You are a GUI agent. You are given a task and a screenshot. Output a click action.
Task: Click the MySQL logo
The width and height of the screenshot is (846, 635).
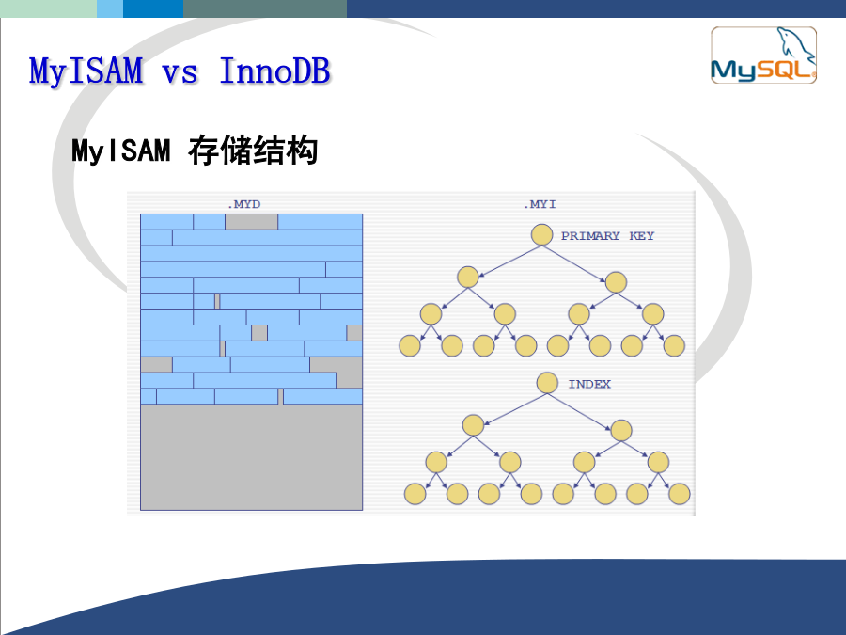763,56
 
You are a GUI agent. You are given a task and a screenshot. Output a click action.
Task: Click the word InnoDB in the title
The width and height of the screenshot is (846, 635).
275,71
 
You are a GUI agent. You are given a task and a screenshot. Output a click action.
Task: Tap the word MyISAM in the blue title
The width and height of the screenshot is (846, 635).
86,71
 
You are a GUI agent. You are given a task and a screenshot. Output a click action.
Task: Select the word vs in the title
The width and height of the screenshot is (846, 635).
180,73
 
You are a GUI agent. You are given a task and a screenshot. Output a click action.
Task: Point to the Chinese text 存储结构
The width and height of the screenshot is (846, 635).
253,151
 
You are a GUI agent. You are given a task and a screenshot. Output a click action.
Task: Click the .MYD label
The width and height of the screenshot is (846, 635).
243,204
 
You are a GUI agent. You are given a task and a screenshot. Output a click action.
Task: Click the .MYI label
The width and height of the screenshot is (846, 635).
540,204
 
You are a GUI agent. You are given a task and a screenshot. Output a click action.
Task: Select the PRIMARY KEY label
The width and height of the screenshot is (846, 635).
607,236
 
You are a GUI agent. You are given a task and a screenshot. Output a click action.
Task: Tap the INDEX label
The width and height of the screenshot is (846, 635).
589,384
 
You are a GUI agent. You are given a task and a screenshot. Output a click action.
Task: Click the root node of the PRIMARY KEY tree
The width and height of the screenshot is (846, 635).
541,235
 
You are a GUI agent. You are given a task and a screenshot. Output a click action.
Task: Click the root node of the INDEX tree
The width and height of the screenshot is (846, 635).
547,383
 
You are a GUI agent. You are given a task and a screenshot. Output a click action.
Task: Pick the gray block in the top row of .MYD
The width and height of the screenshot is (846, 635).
251,222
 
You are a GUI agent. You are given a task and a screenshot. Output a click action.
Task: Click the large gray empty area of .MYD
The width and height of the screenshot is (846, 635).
251,457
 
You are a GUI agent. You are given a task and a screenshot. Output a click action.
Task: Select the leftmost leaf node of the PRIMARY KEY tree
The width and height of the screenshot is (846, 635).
410,345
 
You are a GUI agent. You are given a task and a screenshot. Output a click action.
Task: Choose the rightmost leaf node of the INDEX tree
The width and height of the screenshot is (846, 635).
680,494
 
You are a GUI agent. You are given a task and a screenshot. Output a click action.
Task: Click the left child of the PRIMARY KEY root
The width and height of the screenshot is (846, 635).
468,277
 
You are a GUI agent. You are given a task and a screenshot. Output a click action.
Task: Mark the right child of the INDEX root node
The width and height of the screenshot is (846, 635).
621,430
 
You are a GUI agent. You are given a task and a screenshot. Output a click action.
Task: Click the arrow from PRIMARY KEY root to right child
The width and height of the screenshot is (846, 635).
574,264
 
